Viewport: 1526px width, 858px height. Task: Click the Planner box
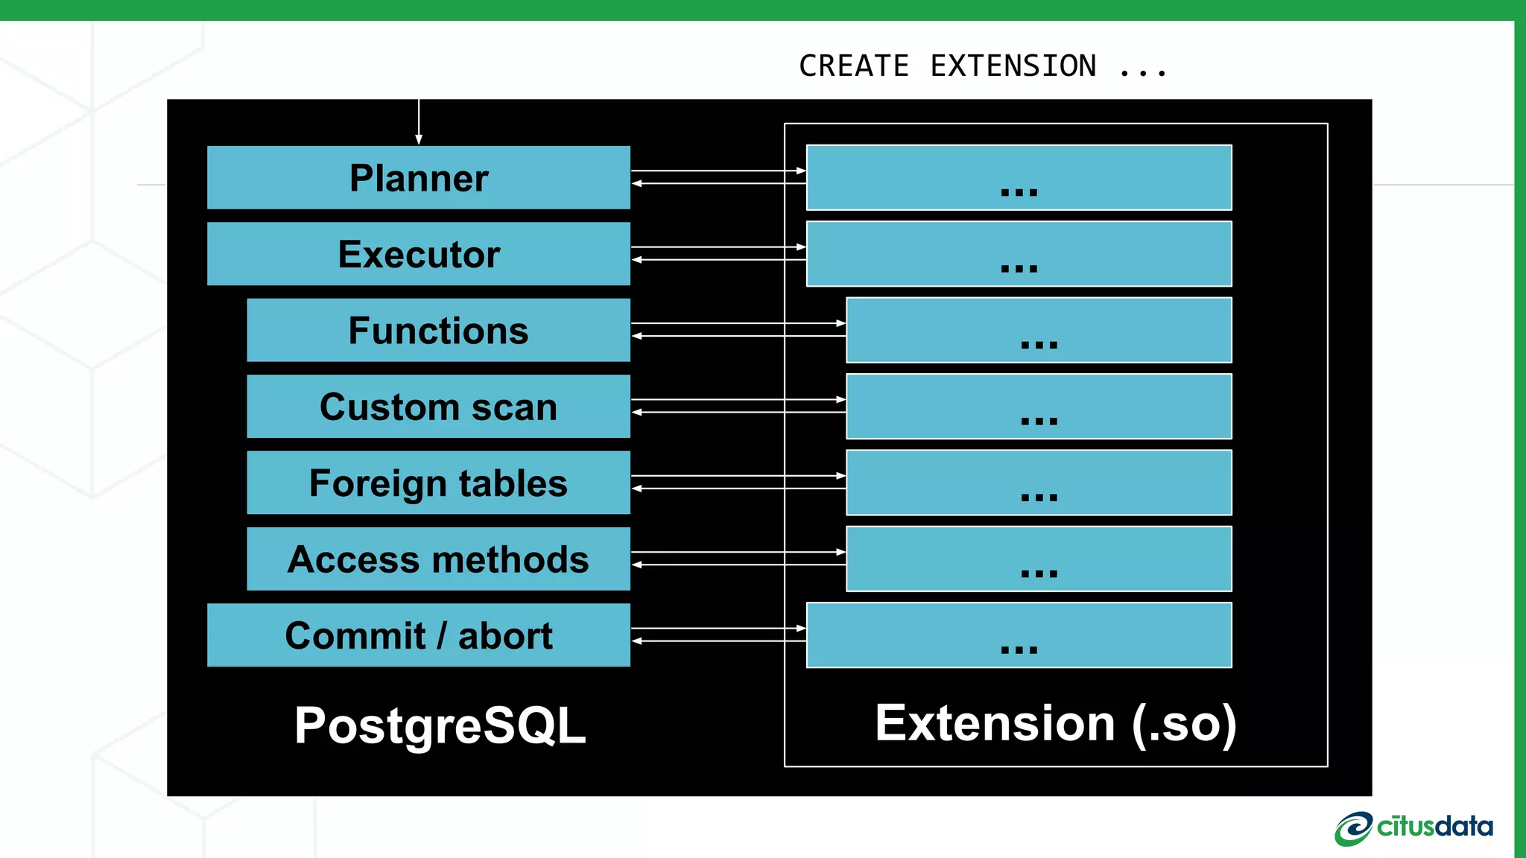tap(418, 178)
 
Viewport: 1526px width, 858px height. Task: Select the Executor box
tap(418, 254)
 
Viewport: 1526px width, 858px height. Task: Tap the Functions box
tap(438, 331)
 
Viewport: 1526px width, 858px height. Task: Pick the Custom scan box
tap(438, 407)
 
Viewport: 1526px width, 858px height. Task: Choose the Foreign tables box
tap(438, 483)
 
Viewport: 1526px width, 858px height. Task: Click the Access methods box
tap(438, 559)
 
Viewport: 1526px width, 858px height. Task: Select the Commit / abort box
tap(418, 635)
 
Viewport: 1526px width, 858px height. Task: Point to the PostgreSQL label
tap(440, 725)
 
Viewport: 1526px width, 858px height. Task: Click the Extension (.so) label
tap(1055, 722)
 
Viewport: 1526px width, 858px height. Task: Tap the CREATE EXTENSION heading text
tap(982, 66)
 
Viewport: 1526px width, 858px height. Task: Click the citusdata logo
tap(1413, 828)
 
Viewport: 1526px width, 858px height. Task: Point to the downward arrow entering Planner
tap(419, 123)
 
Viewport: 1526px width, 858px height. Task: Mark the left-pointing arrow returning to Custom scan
tap(738, 412)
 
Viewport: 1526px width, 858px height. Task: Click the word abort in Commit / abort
tap(504, 636)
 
